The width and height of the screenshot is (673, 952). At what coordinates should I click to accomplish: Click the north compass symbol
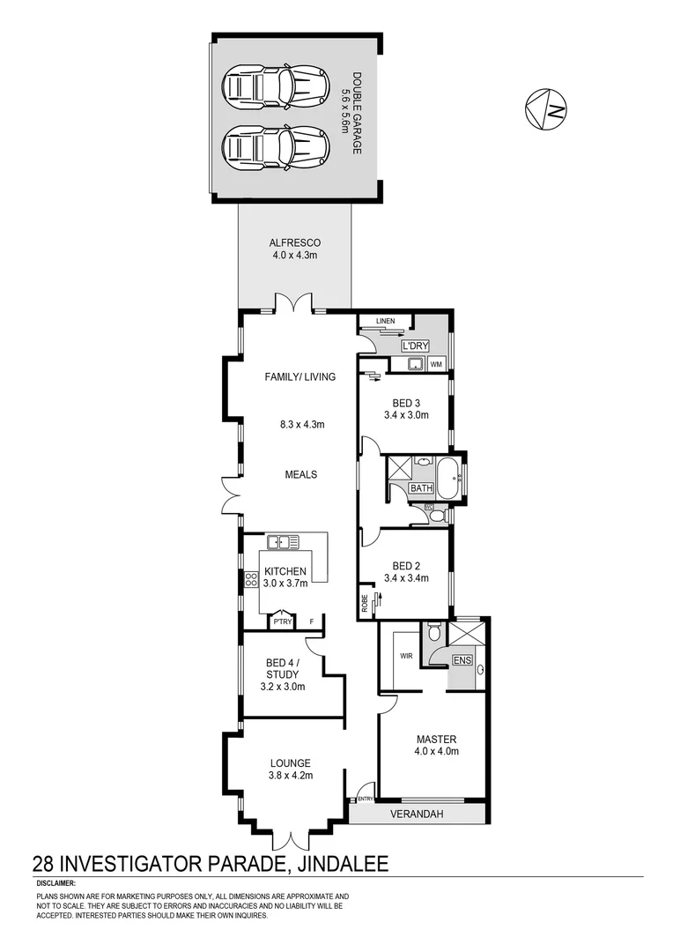click(x=546, y=109)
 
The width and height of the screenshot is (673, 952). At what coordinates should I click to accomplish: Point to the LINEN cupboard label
click(x=385, y=321)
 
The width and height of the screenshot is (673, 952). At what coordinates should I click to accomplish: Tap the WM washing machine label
click(x=437, y=364)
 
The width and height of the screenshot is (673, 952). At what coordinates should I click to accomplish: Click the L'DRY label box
click(x=414, y=346)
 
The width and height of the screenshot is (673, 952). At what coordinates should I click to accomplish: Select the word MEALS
click(x=300, y=474)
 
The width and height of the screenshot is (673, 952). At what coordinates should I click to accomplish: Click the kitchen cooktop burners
click(x=251, y=579)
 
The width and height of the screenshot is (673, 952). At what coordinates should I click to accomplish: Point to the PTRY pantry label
click(x=282, y=622)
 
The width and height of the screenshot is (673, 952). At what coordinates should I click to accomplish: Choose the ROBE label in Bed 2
click(x=364, y=603)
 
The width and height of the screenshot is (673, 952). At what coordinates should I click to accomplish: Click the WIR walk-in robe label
click(x=406, y=656)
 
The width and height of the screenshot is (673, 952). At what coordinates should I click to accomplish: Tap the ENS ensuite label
click(x=461, y=659)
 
